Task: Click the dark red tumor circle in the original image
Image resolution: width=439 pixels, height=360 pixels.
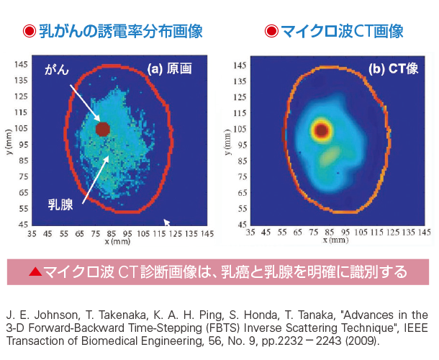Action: (102, 129)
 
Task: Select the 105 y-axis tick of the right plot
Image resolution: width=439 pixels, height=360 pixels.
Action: (241, 130)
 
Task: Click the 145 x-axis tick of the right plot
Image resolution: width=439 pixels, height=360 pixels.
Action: (424, 233)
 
